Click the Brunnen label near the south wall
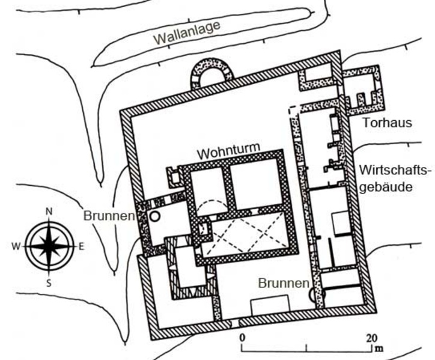[283, 282]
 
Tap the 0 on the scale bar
[242, 337]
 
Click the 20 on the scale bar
[373, 337]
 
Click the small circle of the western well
[154, 216]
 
